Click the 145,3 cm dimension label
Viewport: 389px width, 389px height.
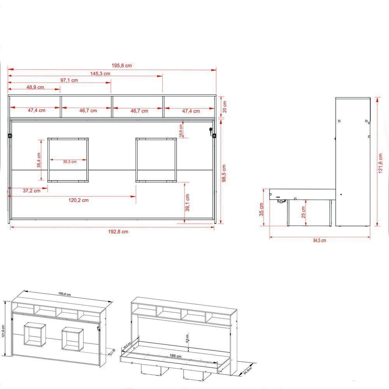(x=100, y=73)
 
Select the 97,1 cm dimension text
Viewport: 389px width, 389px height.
(x=69, y=80)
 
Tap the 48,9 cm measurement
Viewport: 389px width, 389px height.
(x=35, y=87)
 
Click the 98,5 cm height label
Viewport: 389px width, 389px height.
(x=224, y=173)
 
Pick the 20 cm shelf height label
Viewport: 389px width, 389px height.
(x=224, y=106)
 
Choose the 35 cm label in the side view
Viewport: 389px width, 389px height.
(x=262, y=210)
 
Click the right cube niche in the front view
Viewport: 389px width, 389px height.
(x=156, y=159)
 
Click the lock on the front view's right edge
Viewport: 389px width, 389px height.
(x=212, y=132)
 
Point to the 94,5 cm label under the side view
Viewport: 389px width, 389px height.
(x=319, y=240)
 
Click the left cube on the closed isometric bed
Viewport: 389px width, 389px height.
(x=34, y=336)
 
